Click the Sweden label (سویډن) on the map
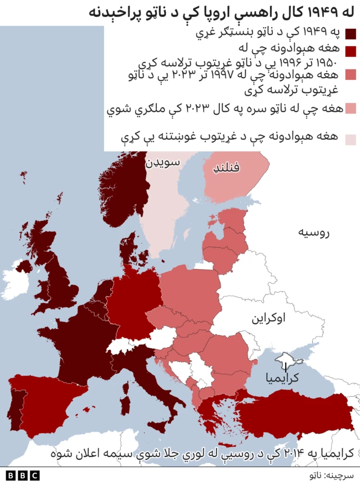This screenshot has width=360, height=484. coord(163,163)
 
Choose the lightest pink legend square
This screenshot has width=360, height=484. coord(351,139)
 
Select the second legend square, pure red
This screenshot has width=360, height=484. coord(351,51)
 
